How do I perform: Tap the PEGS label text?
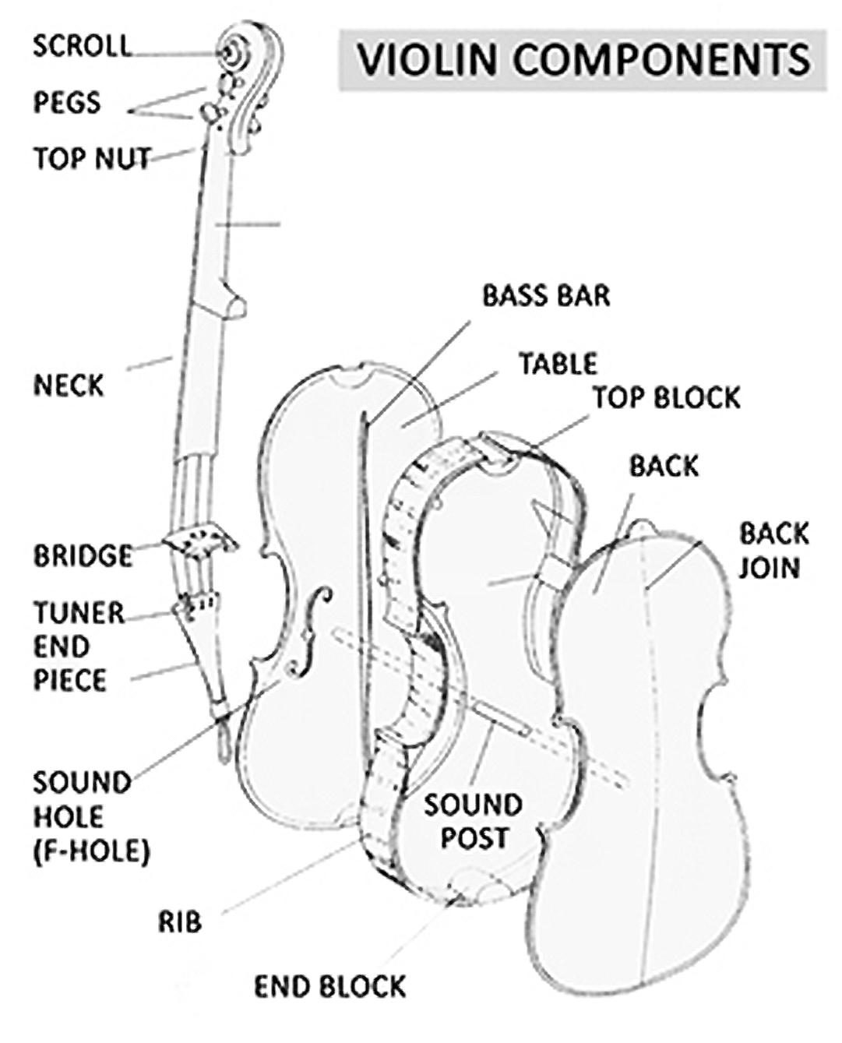pyautogui.click(x=67, y=102)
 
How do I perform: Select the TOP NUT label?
pyautogui.click(x=92, y=158)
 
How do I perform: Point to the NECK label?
pyautogui.click(x=69, y=385)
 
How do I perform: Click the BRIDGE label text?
pyautogui.click(x=83, y=555)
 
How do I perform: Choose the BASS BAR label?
pyautogui.click(x=546, y=295)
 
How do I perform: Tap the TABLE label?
pyautogui.click(x=558, y=363)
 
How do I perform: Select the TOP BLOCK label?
pyautogui.click(x=666, y=397)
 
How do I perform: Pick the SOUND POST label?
pyautogui.click(x=473, y=821)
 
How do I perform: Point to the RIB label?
pyautogui.click(x=180, y=921)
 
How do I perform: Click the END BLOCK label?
pyautogui.click(x=330, y=986)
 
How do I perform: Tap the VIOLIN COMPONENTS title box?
pyautogui.click(x=583, y=60)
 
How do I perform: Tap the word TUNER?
pyautogui.click(x=79, y=613)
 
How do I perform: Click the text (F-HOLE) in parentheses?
pyautogui.click(x=91, y=850)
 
